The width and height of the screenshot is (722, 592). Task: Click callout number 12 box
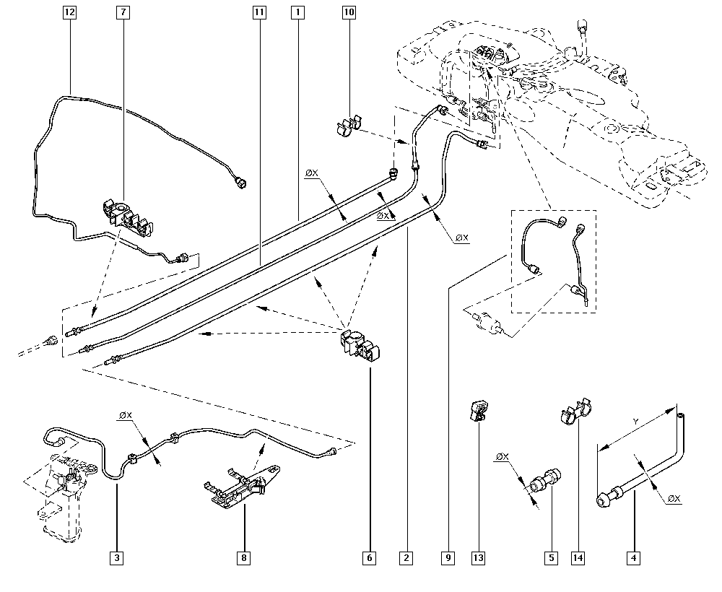click(69, 12)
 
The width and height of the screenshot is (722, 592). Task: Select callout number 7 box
click(123, 12)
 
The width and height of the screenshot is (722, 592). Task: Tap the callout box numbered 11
click(259, 12)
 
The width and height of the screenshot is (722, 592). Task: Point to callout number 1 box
click(297, 12)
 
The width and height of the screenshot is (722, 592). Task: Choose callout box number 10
click(349, 12)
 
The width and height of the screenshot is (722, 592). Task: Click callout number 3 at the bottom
click(117, 558)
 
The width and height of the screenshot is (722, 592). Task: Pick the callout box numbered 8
click(243, 558)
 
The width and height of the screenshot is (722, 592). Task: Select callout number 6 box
click(369, 558)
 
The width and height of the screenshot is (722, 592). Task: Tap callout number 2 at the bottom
click(406, 558)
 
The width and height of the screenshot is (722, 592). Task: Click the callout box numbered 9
click(448, 558)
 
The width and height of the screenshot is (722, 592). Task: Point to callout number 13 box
click(479, 558)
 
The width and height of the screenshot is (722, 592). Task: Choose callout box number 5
click(551, 558)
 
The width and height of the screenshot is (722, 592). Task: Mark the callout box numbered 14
click(578, 558)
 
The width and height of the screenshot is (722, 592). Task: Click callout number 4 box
click(634, 558)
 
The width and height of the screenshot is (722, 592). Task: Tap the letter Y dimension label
click(636, 421)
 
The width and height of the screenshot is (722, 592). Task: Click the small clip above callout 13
click(479, 411)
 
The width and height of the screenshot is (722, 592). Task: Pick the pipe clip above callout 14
click(575, 411)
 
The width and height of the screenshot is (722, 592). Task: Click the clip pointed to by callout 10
click(348, 126)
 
